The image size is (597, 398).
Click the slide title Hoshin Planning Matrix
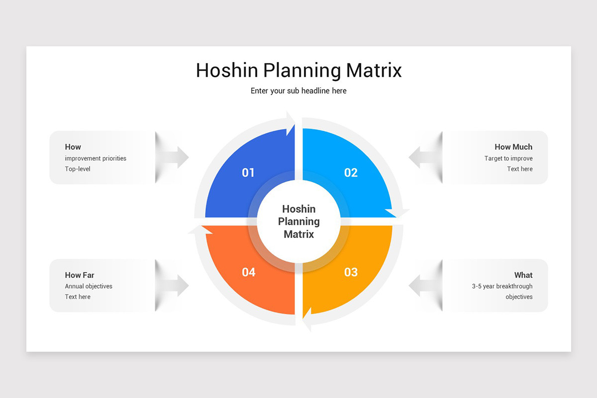click(x=298, y=71)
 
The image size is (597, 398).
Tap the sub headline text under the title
click(x=298, y=91)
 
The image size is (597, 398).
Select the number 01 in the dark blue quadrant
click(x=248, y=173)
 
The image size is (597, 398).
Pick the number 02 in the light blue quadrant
click(x=351, y=173)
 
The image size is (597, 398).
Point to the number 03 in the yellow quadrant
click(x=351, y=272)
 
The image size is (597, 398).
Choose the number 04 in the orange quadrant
click(x=248, y=272)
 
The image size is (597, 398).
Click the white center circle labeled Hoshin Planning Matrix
click(x=298, y=221)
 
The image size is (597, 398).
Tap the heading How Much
click(x=513, y=147)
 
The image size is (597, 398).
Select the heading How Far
click(x=80, y=275)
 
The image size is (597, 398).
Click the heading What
click(x=523, y=275)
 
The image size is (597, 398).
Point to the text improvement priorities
click(x=96, y=159)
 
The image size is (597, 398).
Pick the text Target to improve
click(x=508, y=159)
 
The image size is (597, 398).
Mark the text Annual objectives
click(x=89, y=287)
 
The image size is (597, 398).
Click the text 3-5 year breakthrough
click(x=502, y=287)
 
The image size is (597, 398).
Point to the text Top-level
click(x=78, y=169)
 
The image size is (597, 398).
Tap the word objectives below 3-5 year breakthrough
click(x=519, y=297)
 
